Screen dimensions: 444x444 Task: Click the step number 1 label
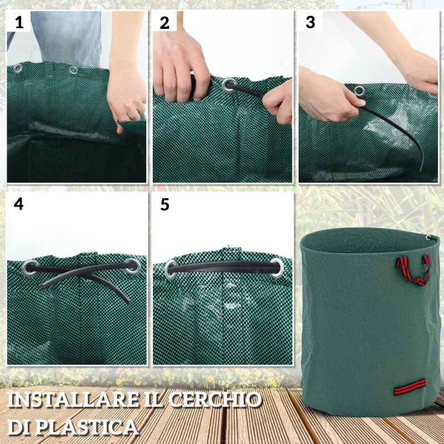coord(19,23)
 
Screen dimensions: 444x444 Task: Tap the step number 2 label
coord(164,23)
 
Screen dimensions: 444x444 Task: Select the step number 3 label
coord(310,23)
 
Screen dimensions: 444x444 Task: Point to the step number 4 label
coord(19,204)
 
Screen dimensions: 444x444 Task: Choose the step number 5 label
coord(164,204)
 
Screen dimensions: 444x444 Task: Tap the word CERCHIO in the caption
coord(216,400)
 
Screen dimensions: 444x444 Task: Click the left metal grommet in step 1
coord(18,68)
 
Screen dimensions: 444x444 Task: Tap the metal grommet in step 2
coord(229,85)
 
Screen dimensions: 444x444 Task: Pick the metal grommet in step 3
coord(359,91)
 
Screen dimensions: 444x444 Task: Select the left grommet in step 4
coord(31,267)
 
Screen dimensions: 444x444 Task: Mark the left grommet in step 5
coord(173,269)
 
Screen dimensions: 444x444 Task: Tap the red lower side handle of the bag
coord(410,387)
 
